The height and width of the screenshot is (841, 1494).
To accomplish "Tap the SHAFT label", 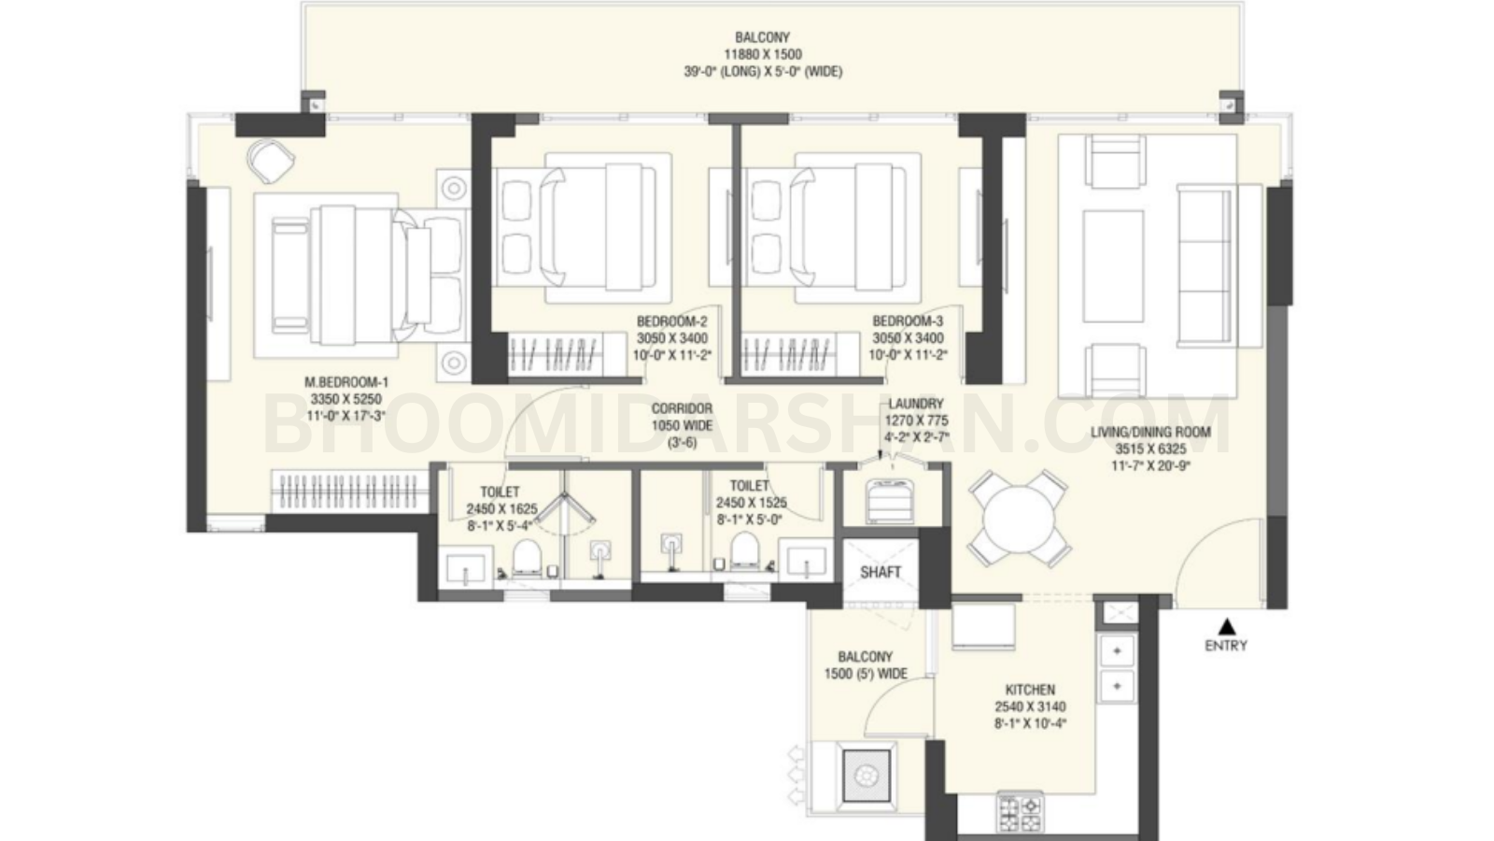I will coord(881,572).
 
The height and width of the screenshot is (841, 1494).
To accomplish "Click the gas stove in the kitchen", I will coord(1019,811).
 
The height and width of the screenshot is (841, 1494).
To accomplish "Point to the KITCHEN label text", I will coord(1030,690).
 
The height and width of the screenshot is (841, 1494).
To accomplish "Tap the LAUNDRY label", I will coord(916,404).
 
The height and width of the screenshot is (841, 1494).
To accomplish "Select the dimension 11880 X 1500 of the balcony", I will coord(763,54).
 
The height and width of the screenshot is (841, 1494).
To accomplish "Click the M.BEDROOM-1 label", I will coord(345,382).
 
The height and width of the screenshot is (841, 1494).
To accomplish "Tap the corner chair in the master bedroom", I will coord(270,160).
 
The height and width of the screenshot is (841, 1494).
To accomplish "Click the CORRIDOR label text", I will coord(682,408).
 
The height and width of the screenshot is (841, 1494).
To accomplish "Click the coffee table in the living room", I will coord(1112,253).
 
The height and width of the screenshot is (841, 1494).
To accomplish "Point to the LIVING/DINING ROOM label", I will coord(1150,432).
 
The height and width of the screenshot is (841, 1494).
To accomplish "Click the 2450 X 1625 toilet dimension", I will coord(501,509).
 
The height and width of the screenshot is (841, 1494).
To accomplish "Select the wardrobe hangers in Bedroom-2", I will coord(554,356).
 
